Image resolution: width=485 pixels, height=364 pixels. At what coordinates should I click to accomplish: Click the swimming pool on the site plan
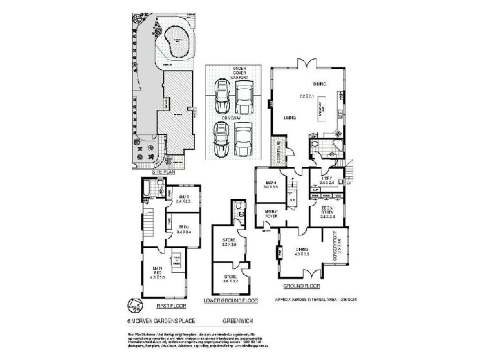pos(176,42)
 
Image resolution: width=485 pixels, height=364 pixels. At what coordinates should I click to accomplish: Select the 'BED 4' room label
pos(270,184)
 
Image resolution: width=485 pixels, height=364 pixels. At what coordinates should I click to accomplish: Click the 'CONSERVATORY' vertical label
pos(342,250)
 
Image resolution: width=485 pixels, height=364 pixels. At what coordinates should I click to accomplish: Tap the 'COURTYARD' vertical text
pos(278,150)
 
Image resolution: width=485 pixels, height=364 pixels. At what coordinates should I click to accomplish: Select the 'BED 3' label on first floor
pos(184,198)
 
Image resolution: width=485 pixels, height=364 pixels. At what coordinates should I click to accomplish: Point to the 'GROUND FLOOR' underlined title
pos(301,286)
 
